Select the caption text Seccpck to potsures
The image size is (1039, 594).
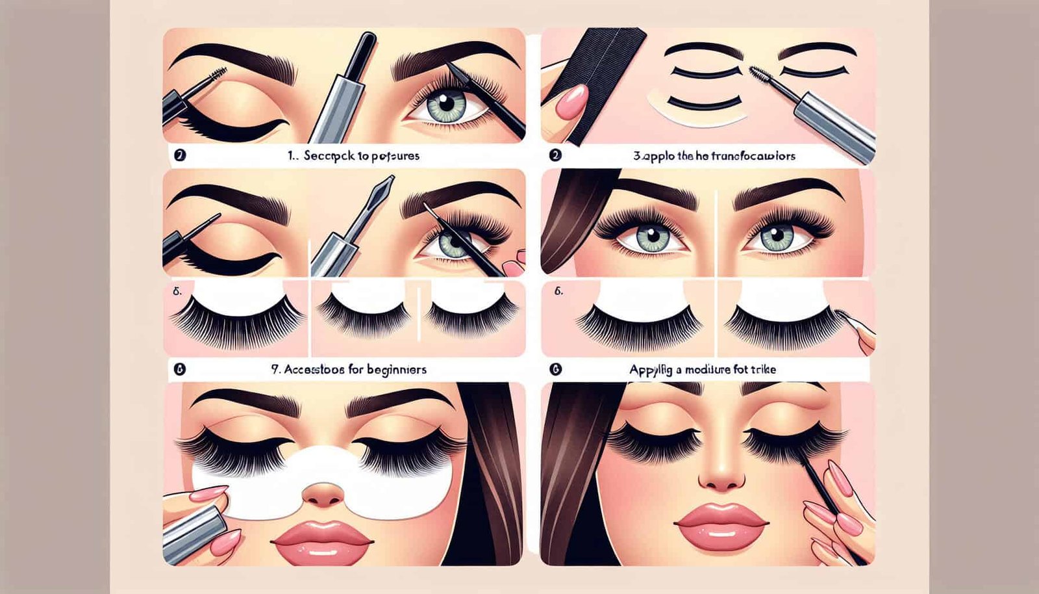click(x=363, y=156)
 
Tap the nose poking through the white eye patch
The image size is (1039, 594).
click(x=323, y=493)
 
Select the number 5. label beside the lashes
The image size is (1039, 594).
click(x=177, y=292)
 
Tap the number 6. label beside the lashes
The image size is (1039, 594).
click(x=558, y=292)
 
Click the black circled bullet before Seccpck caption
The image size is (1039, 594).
click(x=180, y=156)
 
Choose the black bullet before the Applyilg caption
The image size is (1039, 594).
click(x=555, y=369)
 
